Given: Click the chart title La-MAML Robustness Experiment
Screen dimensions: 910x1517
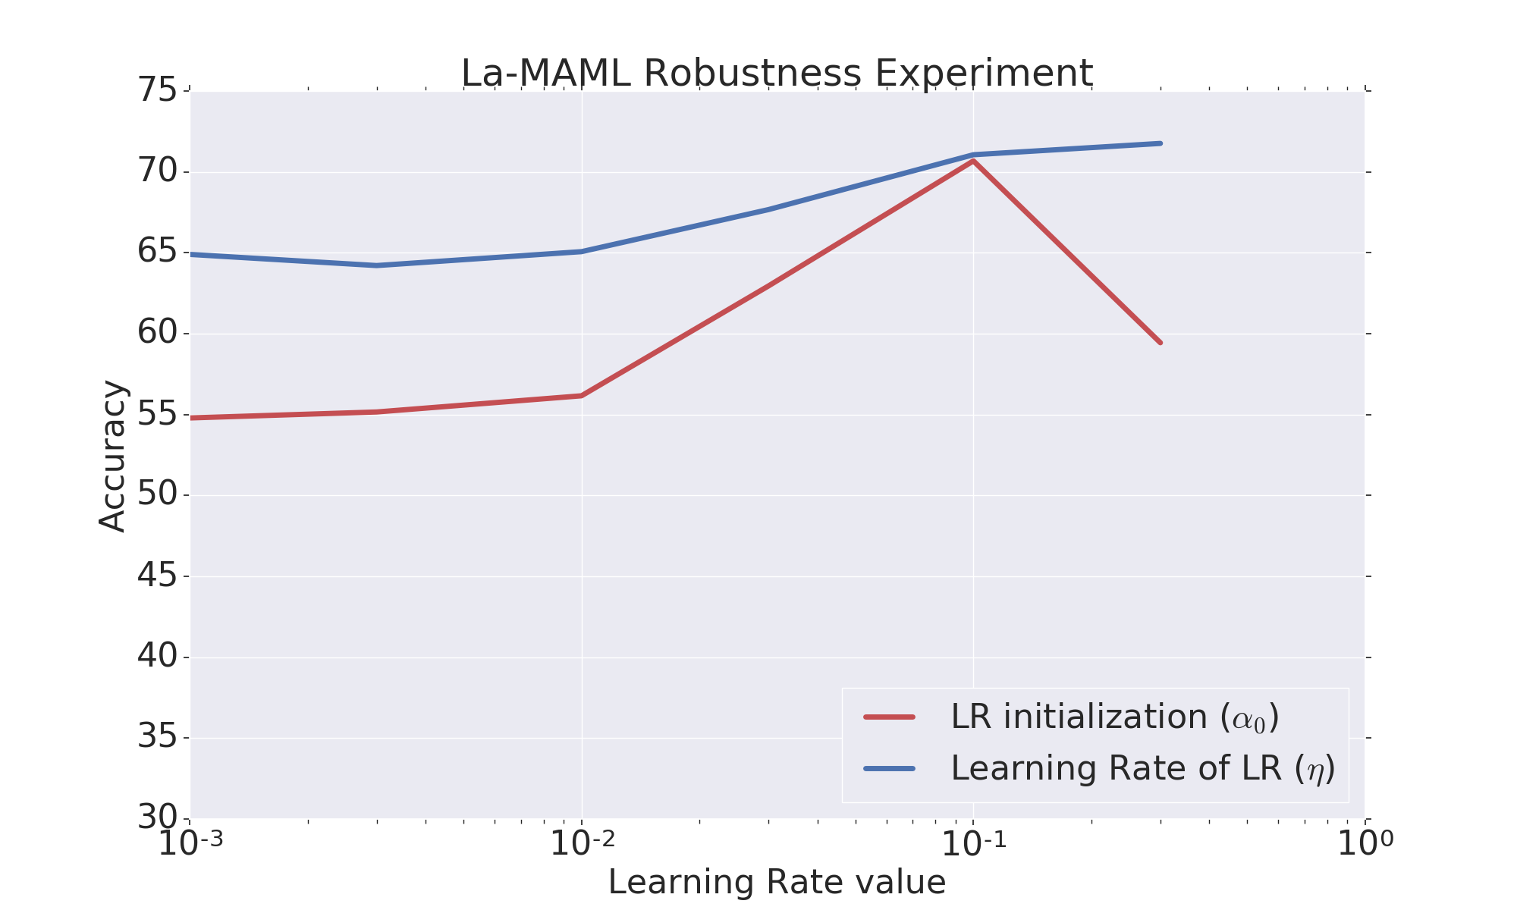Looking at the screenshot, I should tap(777, 74).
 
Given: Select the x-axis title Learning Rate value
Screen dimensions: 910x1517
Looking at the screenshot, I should tap(777, 883).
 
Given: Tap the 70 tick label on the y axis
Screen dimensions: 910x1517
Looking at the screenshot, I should tap(157, 172).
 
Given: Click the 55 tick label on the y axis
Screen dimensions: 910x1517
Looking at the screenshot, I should tap(157, 415).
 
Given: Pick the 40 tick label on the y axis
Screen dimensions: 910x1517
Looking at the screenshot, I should tap(157, 657).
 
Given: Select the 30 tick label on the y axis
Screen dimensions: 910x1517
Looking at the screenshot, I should tap(157, 818).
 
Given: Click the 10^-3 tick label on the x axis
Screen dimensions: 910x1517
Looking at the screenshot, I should tap(190, 843).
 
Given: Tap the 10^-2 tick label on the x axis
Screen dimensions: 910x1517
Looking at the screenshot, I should tap(582, 843).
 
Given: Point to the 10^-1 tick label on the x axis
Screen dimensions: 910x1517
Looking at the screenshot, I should tap(974, 843).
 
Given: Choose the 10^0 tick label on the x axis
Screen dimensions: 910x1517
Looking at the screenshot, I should tap(1365, 843).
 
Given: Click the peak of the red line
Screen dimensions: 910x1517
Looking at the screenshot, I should tap(973, 161).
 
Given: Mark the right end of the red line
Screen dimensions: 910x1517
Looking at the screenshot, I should tap(1161, 343).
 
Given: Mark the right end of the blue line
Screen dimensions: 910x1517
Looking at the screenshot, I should tap(1161, 143).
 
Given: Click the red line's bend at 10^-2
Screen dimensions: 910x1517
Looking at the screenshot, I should tap(582, 395).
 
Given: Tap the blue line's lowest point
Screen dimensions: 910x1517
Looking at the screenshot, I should tap(377, 265).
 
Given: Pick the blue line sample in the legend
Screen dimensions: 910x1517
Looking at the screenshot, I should tap(890, 768).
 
